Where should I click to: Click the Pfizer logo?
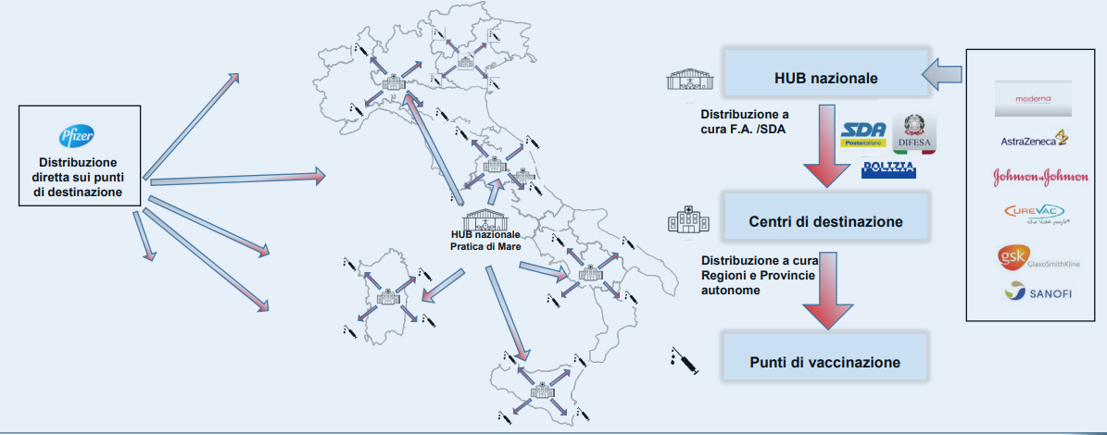(x=79, y=136)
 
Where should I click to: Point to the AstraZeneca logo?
(x=1034, y=141)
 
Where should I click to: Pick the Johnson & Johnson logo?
(x=1034, y=177)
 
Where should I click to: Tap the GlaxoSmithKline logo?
(x=1034, y=258)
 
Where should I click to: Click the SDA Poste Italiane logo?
(x=862, y=135)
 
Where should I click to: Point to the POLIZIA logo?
(x=888, y=168)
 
